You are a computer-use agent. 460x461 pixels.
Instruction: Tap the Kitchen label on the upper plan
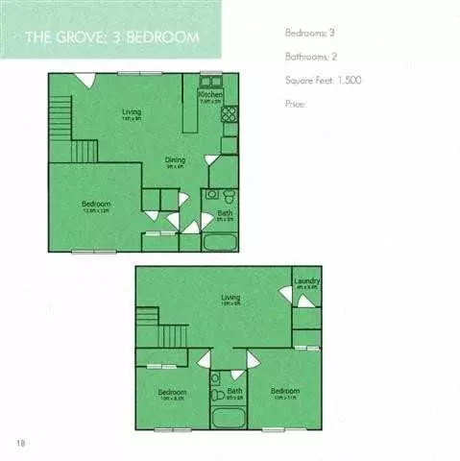click(x=210, y=96)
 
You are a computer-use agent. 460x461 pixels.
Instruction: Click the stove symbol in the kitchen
click(x=230, y=113)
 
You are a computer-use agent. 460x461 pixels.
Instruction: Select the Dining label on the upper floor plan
click(x=174, y=160)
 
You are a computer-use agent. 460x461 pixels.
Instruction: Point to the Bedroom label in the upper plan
click(x=96, y=204)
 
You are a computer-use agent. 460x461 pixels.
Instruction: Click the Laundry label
click(x=307, y=281)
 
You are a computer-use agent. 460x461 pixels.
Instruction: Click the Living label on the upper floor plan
click(x=132, y=112)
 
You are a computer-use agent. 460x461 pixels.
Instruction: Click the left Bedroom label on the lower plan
click(x=172, y=392)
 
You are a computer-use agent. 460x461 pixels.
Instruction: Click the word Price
click(x=295, y=103)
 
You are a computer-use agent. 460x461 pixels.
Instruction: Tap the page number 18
click(x=20, y=442)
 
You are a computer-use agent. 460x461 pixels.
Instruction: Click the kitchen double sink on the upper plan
click(x=210, y=83)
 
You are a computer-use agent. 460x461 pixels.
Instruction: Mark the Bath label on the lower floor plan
click(x=234, y=391)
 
